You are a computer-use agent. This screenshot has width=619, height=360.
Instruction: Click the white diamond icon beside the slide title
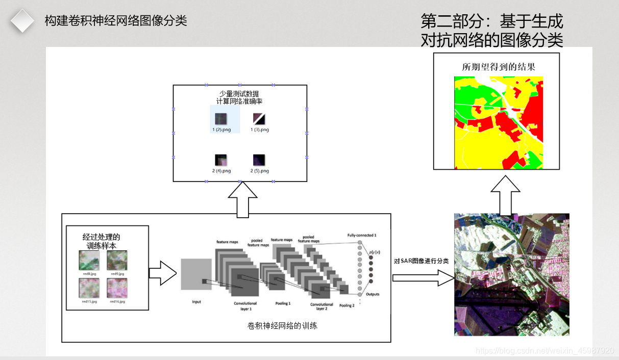point(22,20)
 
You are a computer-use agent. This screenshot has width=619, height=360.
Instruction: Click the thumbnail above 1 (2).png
point(221,119)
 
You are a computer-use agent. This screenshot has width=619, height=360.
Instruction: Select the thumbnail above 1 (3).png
point(259,119)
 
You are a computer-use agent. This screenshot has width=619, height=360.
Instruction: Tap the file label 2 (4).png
point(221,171)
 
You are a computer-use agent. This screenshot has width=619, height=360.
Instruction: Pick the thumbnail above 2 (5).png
point(259,160)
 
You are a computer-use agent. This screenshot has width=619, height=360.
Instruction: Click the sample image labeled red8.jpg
point(89,260)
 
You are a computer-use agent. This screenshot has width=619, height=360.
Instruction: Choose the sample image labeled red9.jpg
point(117,260)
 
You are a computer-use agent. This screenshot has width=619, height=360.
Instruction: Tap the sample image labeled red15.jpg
point(89,288)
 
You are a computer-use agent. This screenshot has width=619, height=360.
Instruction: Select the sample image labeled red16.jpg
point(117,288)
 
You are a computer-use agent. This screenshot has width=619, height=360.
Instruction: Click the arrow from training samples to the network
point(163,273)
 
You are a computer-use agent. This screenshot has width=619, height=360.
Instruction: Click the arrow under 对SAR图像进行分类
point(423,278)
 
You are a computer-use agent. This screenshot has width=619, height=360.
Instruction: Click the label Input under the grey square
point(196,302)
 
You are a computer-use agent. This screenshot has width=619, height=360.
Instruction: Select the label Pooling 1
point(282,303)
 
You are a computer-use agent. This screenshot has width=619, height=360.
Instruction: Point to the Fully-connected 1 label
point(362,235)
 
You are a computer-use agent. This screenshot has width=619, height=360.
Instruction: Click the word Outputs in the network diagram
point(373,294)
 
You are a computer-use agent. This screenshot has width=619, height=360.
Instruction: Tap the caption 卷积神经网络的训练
point(282,325)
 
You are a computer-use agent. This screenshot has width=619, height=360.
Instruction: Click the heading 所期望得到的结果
point(499,67)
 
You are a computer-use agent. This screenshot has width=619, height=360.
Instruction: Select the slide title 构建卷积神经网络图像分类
point(116,21)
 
